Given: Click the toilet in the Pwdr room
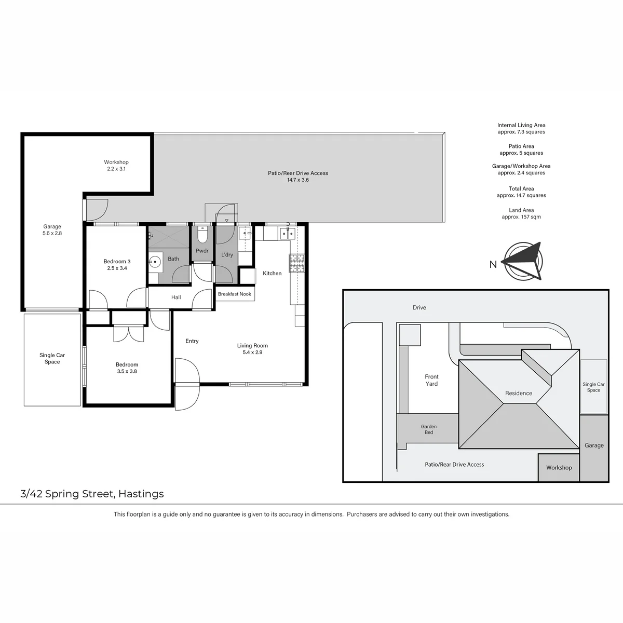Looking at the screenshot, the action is pos(202,234).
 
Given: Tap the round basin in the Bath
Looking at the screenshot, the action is pos(155,261).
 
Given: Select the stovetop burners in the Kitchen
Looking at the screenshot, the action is pos(296,263).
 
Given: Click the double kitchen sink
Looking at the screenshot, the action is pos(288,233).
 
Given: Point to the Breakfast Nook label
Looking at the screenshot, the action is pos(234,294).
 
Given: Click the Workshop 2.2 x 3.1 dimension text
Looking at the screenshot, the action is pos(116,169).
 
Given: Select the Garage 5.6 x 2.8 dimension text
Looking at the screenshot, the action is pos(52,233).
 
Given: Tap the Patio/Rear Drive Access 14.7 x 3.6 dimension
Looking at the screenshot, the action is pos(298,180).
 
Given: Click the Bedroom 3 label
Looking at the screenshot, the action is pos(117,261).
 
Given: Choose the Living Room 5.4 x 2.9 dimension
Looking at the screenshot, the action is pos(252,353).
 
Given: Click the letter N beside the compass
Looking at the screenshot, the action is pos(493,264).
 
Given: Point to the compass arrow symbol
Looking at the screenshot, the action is pos(523,261).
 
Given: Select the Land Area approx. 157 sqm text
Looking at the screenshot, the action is pos(521,213).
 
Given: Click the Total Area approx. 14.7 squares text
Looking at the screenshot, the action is pos(521,192).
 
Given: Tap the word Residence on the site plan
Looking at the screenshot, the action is pos(519,393).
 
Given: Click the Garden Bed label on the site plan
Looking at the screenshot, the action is pos(429,429).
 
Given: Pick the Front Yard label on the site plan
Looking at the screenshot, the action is pos(431,380).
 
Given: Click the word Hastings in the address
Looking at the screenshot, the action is pos(141,494).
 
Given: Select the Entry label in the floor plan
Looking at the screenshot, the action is pos(192,341).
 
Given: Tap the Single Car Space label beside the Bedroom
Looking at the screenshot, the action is pos(52,358).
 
